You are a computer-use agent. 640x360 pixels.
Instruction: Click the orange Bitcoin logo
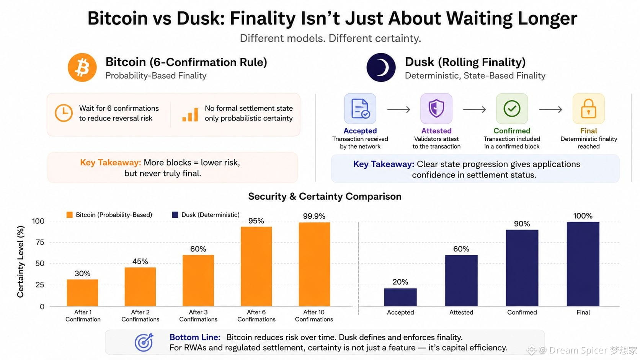(82, 68)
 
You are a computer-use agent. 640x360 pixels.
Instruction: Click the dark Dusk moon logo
(381, 68)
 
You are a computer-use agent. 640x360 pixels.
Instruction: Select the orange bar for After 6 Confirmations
(256, 266)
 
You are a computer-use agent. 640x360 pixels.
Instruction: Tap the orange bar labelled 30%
(82, 293)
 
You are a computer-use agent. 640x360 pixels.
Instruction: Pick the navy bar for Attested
(461, 281)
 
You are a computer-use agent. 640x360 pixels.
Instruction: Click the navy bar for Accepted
(400, 297)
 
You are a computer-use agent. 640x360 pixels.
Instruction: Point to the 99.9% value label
(314, 216)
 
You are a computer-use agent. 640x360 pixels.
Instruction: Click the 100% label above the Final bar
(583, 216)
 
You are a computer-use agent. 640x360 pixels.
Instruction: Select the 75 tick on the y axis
(40, 243)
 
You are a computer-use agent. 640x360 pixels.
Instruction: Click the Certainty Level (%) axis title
(20, 262)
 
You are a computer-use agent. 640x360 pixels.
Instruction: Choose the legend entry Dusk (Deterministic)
(206, 215)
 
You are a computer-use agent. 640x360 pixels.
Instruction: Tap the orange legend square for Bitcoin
(69, 215)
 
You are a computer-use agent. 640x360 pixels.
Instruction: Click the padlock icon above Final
(588, 109)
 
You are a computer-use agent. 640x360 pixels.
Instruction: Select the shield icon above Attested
(436, 109)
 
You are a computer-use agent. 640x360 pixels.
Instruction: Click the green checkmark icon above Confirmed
(512, 109)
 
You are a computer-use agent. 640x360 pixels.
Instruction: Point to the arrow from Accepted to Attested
(398, 109)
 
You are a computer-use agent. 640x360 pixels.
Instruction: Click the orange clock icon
(64, 113)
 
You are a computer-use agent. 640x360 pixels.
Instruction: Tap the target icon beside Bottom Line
(144, 342)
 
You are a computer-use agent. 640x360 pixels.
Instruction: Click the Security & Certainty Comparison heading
(325, 196)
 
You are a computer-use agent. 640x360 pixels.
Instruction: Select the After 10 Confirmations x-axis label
(314, 316)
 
